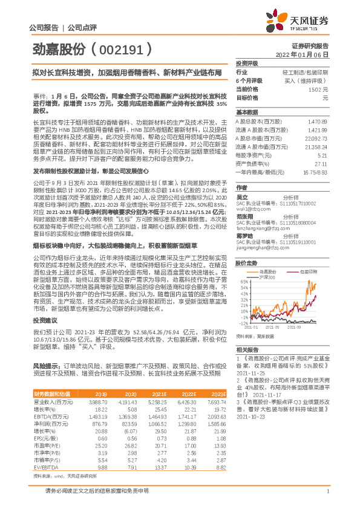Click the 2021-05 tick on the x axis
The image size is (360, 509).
point(282,326)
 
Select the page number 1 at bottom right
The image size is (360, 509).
point(327,498)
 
